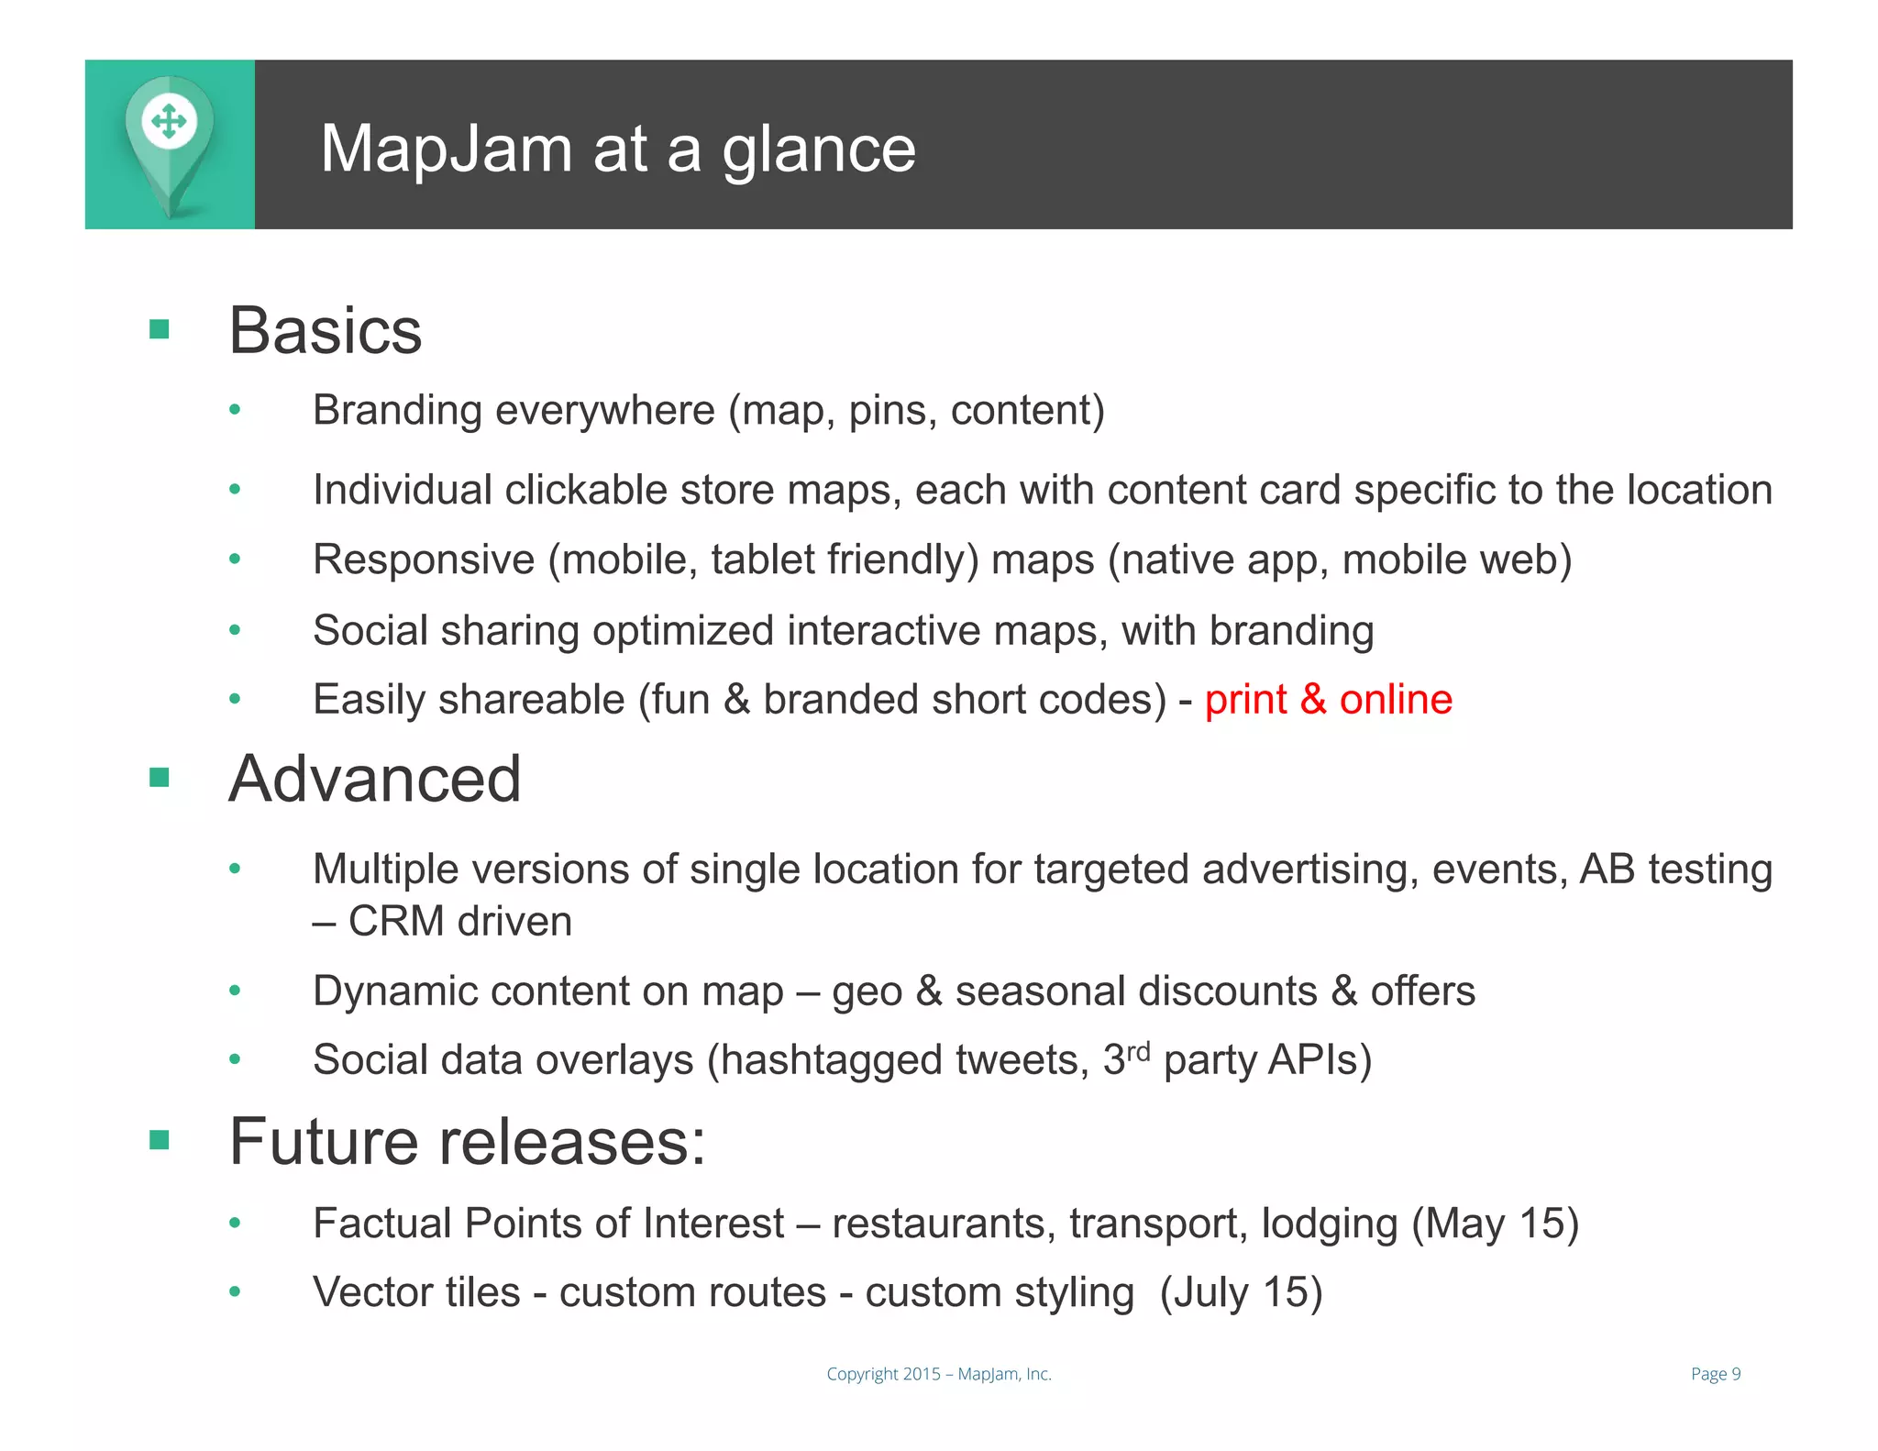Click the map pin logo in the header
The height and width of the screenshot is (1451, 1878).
click(x=170, y=144)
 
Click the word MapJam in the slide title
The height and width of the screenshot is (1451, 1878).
click(x=446, y=149)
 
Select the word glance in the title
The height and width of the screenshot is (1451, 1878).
click(x=819, y=151)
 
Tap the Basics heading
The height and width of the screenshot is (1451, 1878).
click(x=326, y=330)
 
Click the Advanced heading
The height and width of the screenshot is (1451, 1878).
click(x=375, y=780)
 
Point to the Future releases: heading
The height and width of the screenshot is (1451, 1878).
click(x=468, y=1142)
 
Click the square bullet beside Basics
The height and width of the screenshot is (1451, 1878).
click(x=160, y=329)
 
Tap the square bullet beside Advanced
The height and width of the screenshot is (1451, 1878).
click(x=160, y=779)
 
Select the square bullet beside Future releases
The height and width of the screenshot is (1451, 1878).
click(x=160, y=1140)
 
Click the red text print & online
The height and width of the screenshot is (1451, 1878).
click(x=1328, y=700)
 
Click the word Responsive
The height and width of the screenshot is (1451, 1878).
click(x=424, y=560)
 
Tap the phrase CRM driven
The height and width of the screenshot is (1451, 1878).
click(x=460, y=922)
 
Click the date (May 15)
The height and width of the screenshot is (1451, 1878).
click(x=1495, y=1224)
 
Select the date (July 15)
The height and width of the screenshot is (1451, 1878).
click(x=1241, y=1293)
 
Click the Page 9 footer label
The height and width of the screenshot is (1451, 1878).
click(x=1715, y=1374)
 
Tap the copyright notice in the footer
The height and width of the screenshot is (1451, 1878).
click(x=939, y=1374)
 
